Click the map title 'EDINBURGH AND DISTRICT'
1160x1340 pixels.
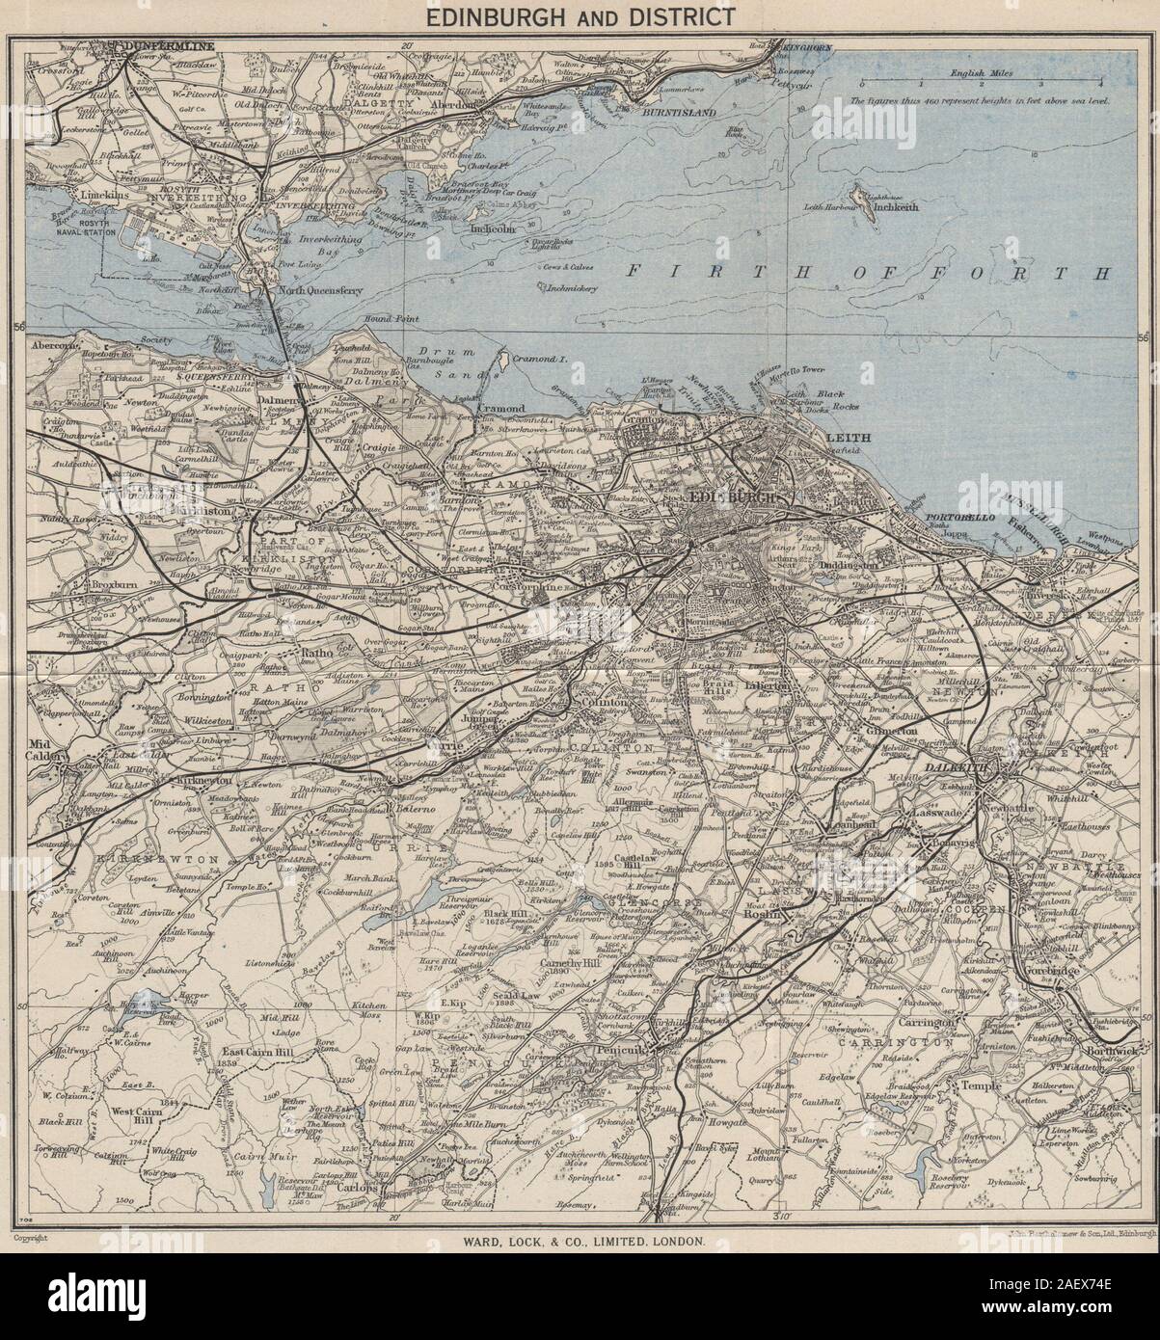580,16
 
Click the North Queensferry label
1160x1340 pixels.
319,289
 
